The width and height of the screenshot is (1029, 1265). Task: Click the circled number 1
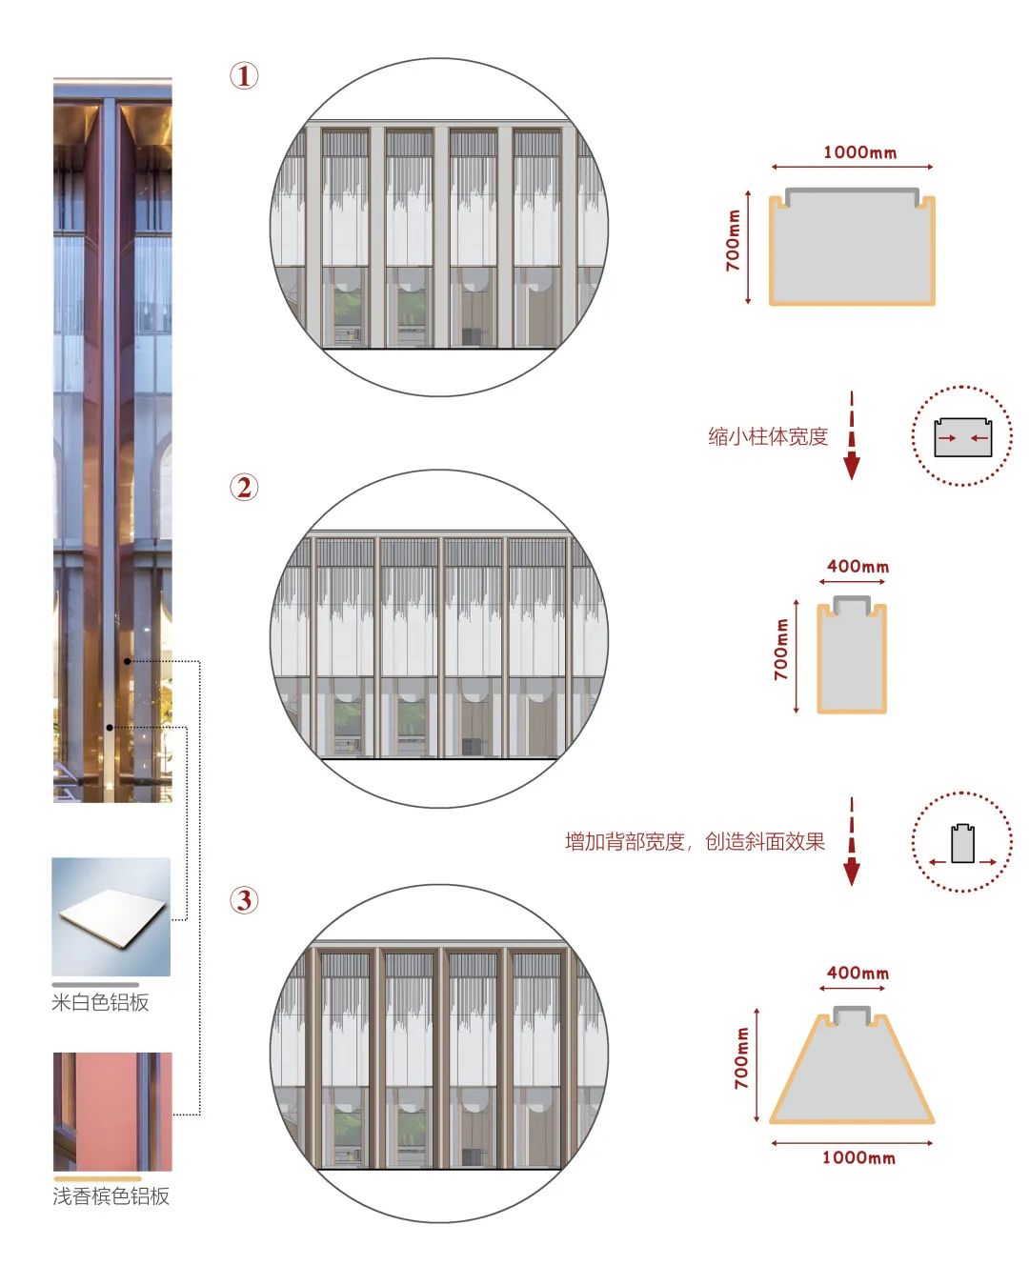[x=244, y=76]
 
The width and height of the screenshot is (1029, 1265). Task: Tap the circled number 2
[x=244, y=488]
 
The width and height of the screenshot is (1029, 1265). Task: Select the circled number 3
[x=244, y=900]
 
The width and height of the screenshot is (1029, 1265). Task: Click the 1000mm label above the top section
[x=859, y=152]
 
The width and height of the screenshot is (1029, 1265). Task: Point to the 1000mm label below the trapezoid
[x=858, y=1157]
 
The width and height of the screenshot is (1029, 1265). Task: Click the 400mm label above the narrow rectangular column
[x=857, y=567]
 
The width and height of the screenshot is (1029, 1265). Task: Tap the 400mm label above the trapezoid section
[x=857, y=973]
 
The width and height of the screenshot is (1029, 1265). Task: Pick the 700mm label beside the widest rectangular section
[x=733, y=241]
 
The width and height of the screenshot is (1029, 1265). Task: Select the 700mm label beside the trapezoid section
[x=741, y=1058]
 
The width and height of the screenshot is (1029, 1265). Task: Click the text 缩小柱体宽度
[x=768, y=436]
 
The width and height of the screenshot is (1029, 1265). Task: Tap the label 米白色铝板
[x=100, y=1002]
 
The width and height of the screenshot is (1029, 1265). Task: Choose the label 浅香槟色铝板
[x=111, y=1195]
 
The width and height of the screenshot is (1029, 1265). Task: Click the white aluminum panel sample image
[x=111, y=916]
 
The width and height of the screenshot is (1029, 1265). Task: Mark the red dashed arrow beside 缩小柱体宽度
[x=852, y=435]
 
